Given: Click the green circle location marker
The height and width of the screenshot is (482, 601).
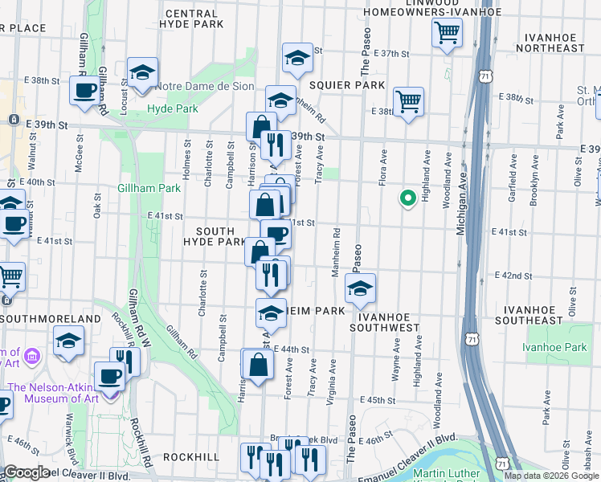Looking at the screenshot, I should [x=407, y=197].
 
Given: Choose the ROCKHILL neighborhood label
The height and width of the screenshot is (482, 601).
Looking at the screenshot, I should [x=191, y=456].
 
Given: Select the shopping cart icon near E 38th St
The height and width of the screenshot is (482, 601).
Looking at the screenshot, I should [x=408, y=102].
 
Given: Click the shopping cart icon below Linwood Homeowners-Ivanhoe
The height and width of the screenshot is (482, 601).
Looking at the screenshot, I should [x=447, y=34].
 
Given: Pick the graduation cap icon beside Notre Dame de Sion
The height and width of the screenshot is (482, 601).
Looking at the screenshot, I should [x=142, y=72].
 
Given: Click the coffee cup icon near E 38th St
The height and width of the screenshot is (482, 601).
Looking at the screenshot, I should [x=84, y=92].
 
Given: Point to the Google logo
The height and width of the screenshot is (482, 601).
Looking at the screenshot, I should [x=27, y=472].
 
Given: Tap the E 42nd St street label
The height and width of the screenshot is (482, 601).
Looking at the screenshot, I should [x=513, y=275].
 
